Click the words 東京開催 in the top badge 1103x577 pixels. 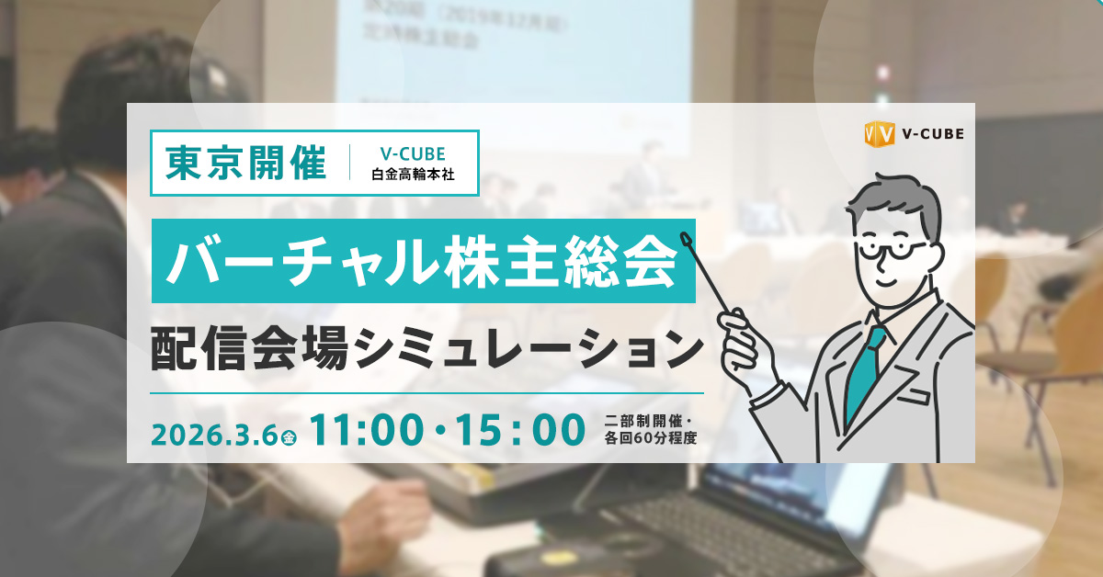point(247,163)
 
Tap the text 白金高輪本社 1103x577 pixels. point(414,174)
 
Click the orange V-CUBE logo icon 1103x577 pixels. point(880,134)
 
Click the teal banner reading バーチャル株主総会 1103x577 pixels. point(423,261)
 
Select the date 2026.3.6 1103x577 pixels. point(215,430)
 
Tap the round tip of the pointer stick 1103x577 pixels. point(685,240)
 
